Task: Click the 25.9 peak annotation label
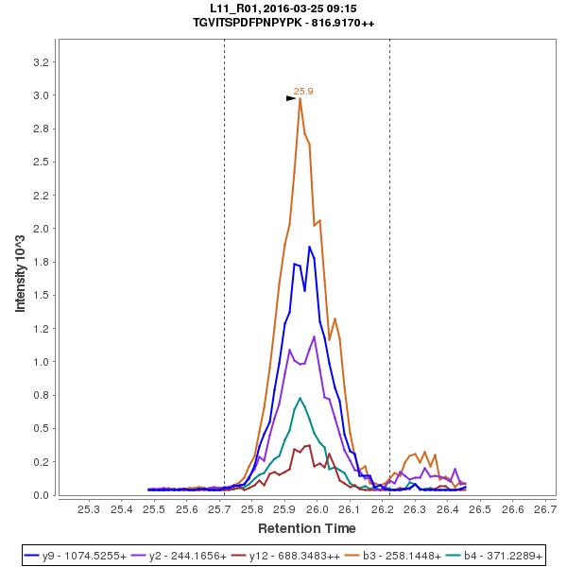coord(303,92)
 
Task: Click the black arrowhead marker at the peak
coord(292,97)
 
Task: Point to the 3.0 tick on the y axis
coord(42,95)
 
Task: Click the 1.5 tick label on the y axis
coord(42,296)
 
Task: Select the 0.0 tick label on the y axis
coord(42,495)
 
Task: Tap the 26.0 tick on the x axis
coord(317,510)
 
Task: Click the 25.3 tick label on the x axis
coord(88,510)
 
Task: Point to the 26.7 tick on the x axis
coord(545,510)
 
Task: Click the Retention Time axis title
coord(307,528)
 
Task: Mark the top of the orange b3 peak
coord(300,98)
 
